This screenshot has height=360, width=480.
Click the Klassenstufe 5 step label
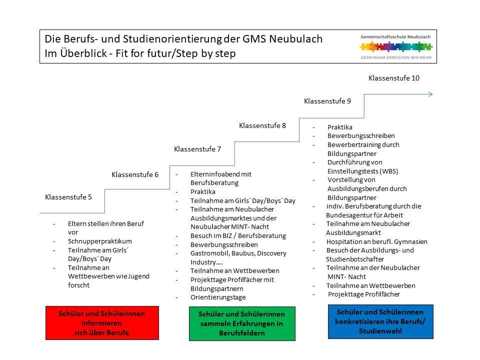coord(68,197)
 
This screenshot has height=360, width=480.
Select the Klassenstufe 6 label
coord(135,174)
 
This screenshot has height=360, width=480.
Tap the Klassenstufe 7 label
coord(197,149)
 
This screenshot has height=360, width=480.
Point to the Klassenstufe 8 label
coord(262,125)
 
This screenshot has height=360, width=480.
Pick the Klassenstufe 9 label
coord(327,101)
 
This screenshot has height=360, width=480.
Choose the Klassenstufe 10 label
coord(394,78)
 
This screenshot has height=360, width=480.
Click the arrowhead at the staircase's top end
coord(430,94)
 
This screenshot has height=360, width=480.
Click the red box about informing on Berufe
coord(102,323)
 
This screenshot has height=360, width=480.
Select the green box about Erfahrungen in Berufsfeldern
coord(242,323)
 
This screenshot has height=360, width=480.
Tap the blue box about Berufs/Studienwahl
coord(381,321)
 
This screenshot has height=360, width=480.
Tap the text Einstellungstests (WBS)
coord(363,171)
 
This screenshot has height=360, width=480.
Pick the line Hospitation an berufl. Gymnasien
coord(376,241)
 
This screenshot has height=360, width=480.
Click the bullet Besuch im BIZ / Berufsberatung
coord(238,235)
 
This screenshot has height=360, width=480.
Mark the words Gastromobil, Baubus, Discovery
coord(238,253)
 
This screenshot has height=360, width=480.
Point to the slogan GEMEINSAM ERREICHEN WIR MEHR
coord(396,58)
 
